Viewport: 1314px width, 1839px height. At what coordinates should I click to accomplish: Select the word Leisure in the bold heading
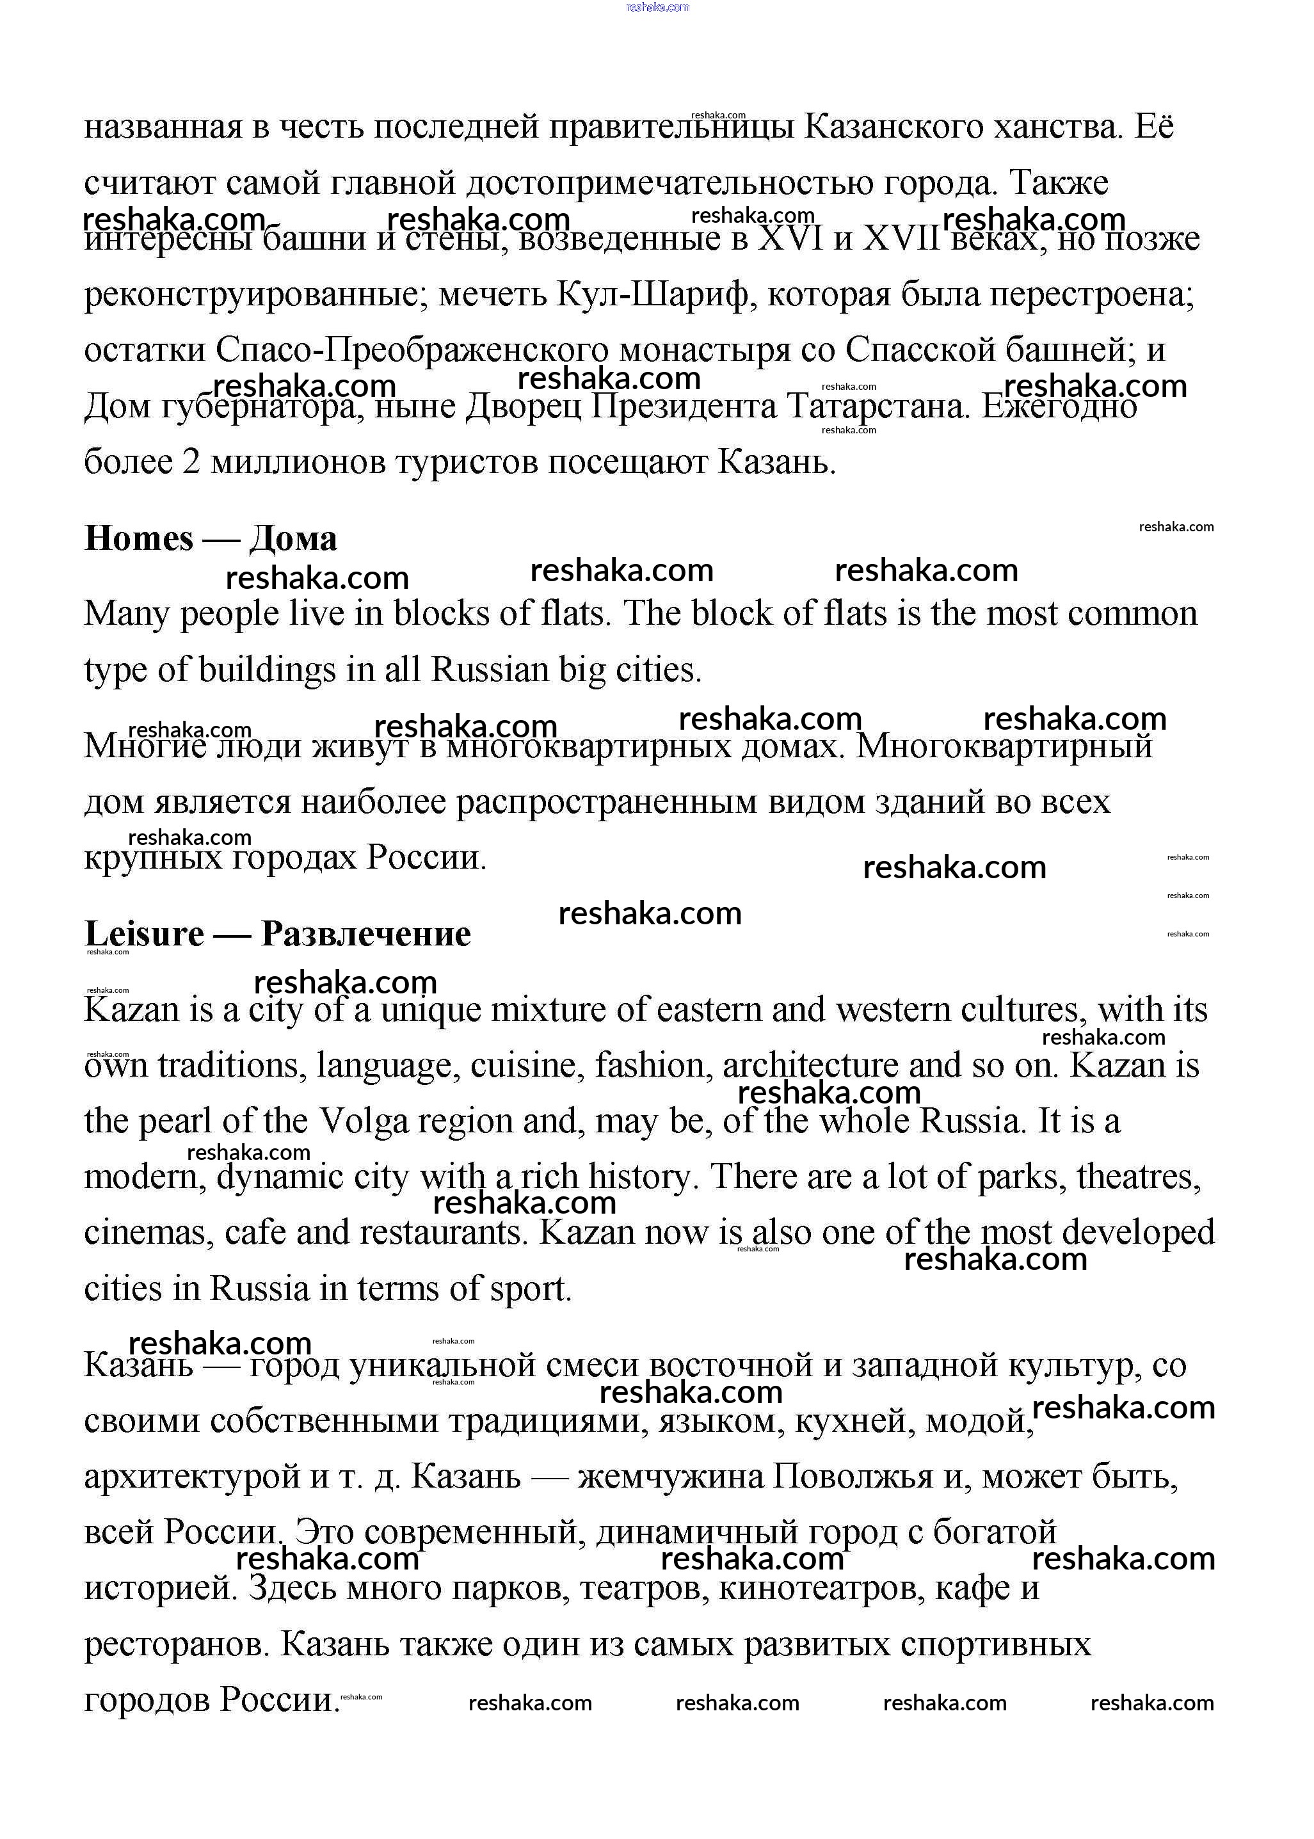(x=144, y=935)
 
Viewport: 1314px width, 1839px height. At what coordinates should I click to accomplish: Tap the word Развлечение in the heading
(x=365, y=935)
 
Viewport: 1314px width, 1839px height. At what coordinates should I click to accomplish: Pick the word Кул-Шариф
(x=653, y=295)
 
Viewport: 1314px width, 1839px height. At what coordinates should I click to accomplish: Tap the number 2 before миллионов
(x=191, y=463)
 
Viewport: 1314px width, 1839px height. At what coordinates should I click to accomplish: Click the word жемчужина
(x=671, y=1477)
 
